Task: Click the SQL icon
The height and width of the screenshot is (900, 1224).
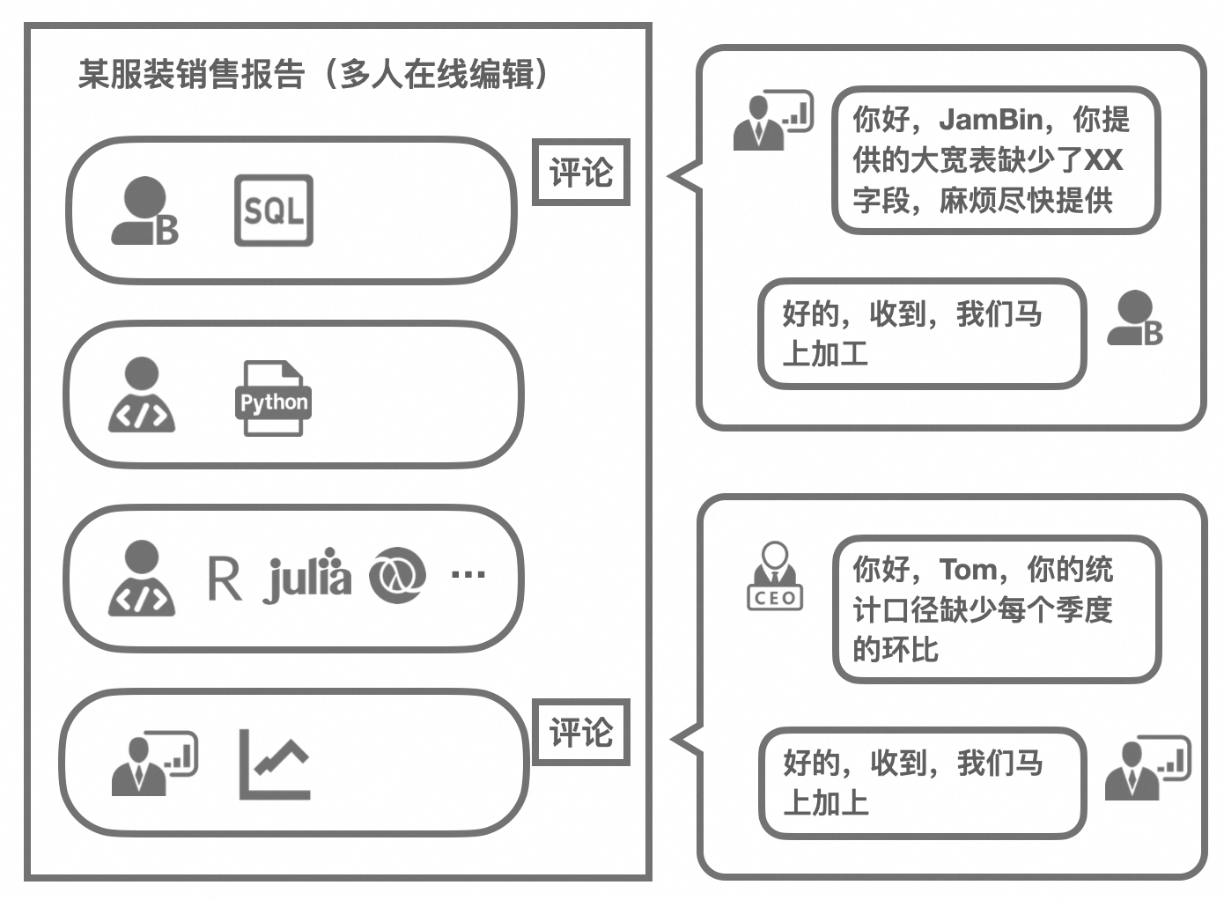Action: click(x=273, y=210)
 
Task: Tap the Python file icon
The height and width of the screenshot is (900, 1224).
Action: click(x=273, y=399)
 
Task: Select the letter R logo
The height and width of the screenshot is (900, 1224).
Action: click(x=224, y=578)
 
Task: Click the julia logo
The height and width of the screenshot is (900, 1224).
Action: click(x=307, y=577)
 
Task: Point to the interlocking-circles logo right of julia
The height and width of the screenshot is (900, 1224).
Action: click(x=396, y=577)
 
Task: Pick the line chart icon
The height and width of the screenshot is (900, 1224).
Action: click(x=274, y=764)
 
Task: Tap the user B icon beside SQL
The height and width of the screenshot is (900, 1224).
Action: click(x=144, y=211)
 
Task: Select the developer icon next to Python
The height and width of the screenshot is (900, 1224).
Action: click(x=142, y=395)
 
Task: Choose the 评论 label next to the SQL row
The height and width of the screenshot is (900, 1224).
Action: click(x=581, y=173)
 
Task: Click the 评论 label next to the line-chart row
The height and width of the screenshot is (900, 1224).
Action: click(x=581, y=732)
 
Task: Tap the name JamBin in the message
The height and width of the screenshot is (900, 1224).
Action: click(x=992, y=119)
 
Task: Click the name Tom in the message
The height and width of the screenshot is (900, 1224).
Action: click(x=968, y=569)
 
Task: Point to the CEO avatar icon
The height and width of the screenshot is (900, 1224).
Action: click(x=774, y=577)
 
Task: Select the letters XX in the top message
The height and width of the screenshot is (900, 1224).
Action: click(x=1102, y=159)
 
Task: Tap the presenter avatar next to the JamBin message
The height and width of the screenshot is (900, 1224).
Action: click(x=772, y=120)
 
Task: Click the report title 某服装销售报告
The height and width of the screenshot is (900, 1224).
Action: click(x=191, y=74)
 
